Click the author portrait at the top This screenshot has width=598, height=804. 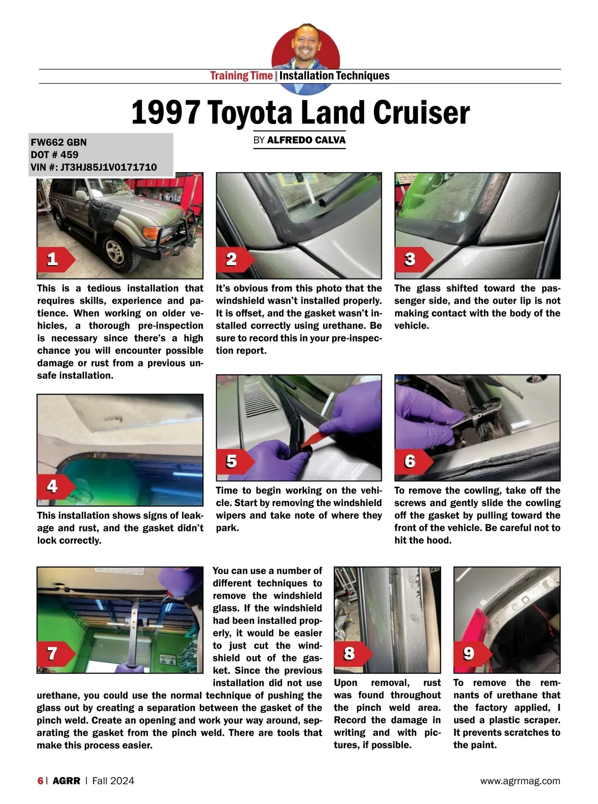tap(305, 58)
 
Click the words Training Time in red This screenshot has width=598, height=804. tap(241, 76)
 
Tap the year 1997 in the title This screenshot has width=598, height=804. tap(166, 113)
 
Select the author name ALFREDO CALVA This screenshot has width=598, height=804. tap(306, 140)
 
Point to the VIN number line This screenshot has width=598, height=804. tap(94, 167)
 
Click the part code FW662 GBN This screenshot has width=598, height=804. tap(58, 142)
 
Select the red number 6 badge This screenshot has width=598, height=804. tap(414, 462)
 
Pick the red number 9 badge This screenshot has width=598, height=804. tap(472, 653)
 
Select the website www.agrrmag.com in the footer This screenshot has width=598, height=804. tap(520, 781)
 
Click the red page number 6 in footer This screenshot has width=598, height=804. tap(40, 781)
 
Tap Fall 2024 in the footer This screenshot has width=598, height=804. tap(113, 781)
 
